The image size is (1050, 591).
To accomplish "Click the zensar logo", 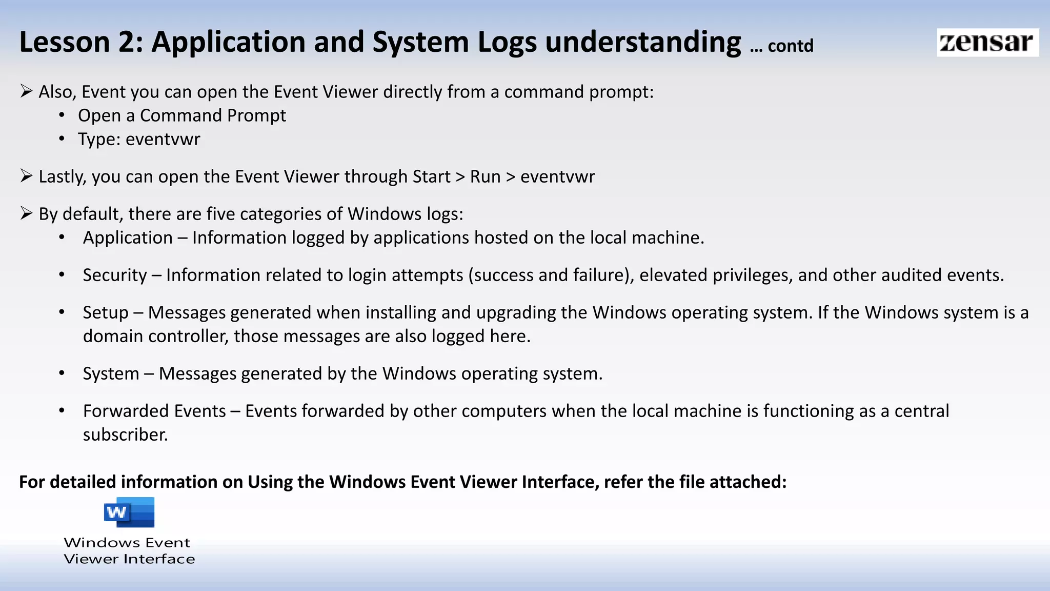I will point(987,43).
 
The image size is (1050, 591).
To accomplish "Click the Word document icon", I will point(129,512).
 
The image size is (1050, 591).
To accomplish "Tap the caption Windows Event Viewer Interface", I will point(129,550).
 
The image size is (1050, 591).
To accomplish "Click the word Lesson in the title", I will point(65,42).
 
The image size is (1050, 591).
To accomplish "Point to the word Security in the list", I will point(115,275).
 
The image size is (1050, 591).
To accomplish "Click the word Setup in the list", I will point(106,313).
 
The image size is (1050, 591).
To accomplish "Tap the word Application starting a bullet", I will point(128,238).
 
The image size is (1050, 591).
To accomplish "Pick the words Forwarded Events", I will point(154,411).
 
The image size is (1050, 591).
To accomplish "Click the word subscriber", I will point(125,435).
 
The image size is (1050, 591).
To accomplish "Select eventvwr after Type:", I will point(163,140).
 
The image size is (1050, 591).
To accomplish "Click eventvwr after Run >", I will point(557,177).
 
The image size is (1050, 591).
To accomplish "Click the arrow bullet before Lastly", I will point(26,176).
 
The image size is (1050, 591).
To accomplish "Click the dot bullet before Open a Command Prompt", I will point(62,115).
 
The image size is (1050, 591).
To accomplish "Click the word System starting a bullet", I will point(111,374).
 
